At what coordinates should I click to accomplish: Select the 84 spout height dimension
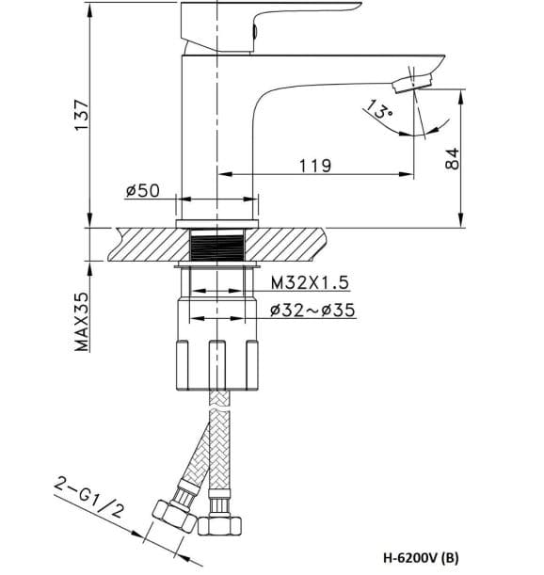[x=452, y=157]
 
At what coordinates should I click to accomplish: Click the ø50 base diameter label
[x=143, y=191]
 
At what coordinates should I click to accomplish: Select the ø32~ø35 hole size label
[x=312, y=311]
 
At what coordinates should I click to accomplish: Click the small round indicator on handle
[x=256, y=31]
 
